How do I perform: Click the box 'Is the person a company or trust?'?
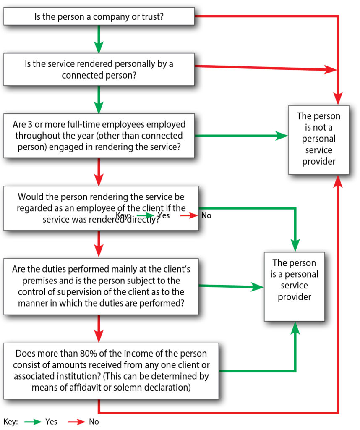[99, 17]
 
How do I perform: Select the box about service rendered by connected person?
[99, 69]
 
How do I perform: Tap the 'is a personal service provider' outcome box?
[294, 286]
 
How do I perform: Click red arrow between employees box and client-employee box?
[99, 172]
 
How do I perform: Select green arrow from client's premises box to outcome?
[231, 287]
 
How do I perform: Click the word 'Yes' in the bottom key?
[51, 422]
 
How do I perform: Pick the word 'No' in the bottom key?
[94, 422]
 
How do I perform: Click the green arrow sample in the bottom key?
[33, 422]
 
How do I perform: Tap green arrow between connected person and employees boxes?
[99, 99]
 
